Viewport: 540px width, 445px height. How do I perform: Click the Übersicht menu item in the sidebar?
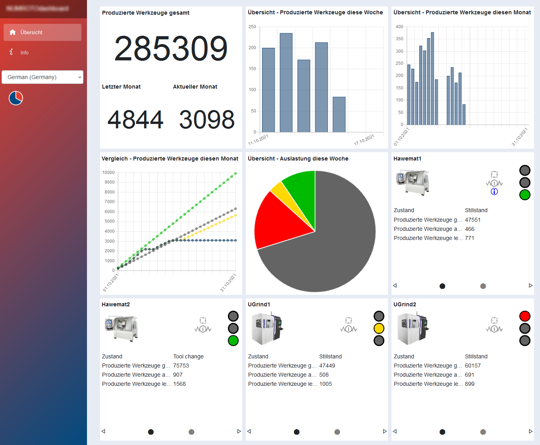pyautogui.click(x=42, y=32)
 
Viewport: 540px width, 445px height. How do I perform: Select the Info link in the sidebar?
pyautogui.click(x=24, y=52)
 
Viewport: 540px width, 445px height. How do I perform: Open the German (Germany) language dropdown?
pyautogui.click(x=42, y=77)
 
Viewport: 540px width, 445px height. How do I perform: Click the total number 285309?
pyautogui.click(x=171, y=49)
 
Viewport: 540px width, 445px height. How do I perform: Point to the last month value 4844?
pyautogui.click(x=135, y=120)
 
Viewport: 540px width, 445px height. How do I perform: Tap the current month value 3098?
pyautogui.click(x=206, y=120)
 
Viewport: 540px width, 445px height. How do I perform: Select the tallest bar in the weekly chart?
pyautogui.click(x=286, y=83)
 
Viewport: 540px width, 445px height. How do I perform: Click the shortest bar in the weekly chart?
pyautogui.click(x=339, y=114)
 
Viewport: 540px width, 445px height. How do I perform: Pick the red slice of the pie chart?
pyautogui.click(x=278, y=221)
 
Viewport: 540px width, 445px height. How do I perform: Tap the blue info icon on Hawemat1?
pyautogui.click(x=494, y=192)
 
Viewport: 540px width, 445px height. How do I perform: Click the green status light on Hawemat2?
pyautogui.click(x=233, y=341)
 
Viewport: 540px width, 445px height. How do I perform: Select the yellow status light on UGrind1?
pyautogui.click(x=379, y=328)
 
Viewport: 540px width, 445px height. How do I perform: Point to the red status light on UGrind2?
pyautogui.click(x=525, y=316)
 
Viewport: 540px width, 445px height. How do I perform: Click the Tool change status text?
pyautogui.click(x=188, y=356)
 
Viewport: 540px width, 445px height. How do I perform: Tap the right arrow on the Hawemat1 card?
pyautogui.click(x=530, y=286)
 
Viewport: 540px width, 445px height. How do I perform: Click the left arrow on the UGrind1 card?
pyautogui.click(x=249, y=431)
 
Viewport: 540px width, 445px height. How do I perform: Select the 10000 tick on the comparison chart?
pyautogui.click(x=108, y=172)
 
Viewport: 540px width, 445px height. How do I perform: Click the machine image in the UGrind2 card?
pyautogui.click(x=413, y=328)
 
